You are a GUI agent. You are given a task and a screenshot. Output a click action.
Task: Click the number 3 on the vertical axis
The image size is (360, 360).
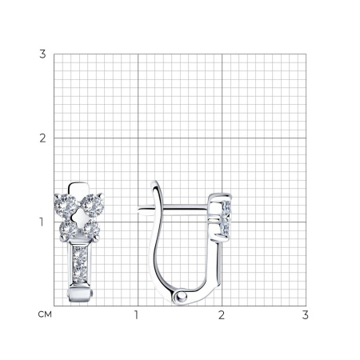(x=42, y=54)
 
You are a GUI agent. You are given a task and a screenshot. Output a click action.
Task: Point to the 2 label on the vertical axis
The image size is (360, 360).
(x=42, y=138)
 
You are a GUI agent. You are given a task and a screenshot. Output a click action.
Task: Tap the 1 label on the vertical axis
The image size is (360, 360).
(x=42, y=222)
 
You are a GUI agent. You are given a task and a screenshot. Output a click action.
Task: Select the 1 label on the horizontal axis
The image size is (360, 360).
(x=137, y=315)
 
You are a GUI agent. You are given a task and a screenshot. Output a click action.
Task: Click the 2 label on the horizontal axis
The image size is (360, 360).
(x=222, y=315)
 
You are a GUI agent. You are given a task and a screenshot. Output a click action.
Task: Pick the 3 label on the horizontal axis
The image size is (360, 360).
(x=306, y=315)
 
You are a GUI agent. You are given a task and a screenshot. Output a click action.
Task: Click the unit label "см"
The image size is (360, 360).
(x=45, y=314)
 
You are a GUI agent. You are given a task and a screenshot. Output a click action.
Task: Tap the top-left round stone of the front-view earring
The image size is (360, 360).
(x=67, y=205)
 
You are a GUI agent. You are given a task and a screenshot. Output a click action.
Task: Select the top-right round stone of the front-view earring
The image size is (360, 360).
(x=93, y=206)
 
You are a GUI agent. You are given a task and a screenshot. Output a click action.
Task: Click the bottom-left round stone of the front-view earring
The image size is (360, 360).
(x=68, y=230)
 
